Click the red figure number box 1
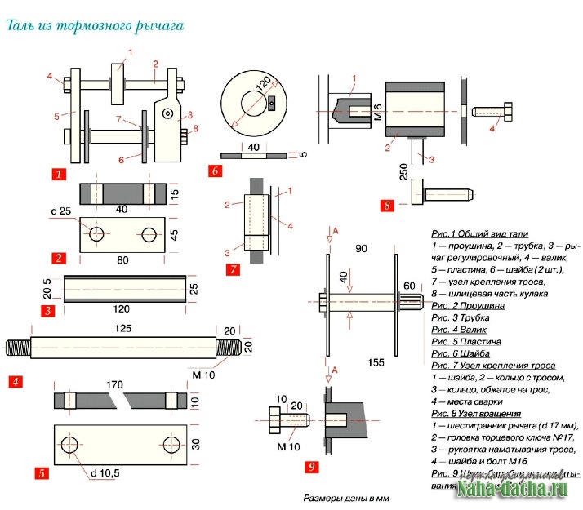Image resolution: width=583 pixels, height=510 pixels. [59, 174]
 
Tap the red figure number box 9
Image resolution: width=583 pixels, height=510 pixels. [309, 467]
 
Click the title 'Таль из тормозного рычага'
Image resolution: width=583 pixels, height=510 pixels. [95, 25]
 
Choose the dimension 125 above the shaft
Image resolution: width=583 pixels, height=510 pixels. [122, 328]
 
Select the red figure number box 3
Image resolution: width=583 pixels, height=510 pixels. [48, 310]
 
